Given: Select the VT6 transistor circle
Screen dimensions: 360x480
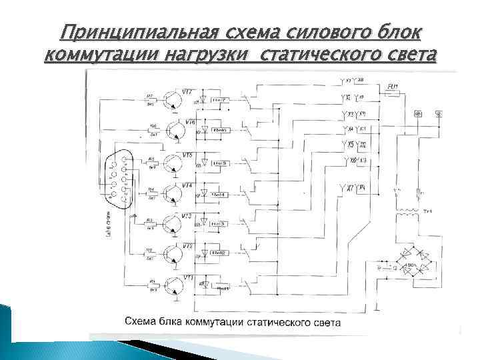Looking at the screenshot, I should click(176, 130).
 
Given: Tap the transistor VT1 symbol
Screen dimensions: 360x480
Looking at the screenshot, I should click(175, 285).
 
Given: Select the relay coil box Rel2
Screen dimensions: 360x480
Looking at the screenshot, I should click(219, 254).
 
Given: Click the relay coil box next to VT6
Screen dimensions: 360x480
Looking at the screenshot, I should click(219, 131).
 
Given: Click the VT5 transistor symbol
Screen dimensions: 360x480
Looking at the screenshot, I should click(175, 162).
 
